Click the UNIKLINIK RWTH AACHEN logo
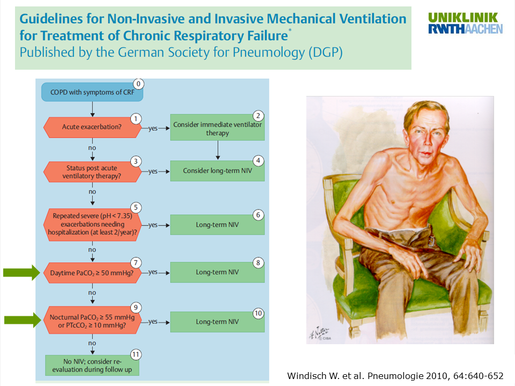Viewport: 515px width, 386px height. point(465,23)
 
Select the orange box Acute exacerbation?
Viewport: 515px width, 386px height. point(92,128)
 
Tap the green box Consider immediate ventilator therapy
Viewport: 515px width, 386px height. point(217,128)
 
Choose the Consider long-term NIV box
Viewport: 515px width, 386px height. point(217,170)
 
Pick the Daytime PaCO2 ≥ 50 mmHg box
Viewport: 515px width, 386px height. point(92,272)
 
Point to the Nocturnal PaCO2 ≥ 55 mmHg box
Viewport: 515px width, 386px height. point(92,322)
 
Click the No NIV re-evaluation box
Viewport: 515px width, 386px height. point(92,365)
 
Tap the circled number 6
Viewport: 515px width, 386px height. point(258,215)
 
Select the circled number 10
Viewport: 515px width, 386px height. point(258,313)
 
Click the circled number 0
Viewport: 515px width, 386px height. point(139,84)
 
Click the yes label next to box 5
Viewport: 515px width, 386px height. point(153,225)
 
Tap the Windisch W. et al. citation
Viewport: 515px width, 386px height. point(395,375)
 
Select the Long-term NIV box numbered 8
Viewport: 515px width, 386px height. point(217,272)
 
